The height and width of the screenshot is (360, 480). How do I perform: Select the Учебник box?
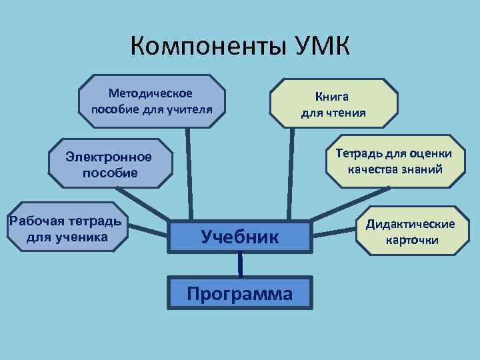point(240,235)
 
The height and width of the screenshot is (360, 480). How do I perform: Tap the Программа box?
point(240,294)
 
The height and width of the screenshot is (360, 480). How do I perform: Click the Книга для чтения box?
point(333,104)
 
